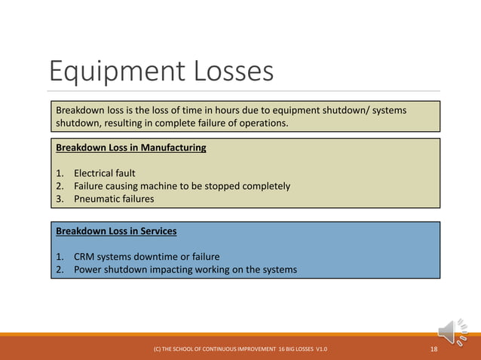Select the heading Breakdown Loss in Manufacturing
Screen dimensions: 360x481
click(x=130, y=148)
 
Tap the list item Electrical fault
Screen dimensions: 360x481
click(x=104, y=173)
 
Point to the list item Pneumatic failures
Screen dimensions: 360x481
click(x=113, y=199)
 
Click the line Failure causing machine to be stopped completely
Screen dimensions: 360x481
click(x=181, y=186)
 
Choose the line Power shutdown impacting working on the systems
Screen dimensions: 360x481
click(x=185, y=269)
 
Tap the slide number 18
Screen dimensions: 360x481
click(x=434, y=349)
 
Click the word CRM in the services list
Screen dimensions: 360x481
click(x=84, y=256)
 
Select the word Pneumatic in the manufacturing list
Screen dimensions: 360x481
click(x=97, y=199)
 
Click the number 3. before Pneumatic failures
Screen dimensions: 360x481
click(x=60, y=199)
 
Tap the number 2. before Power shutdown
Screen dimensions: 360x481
click(x=60, y=269)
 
